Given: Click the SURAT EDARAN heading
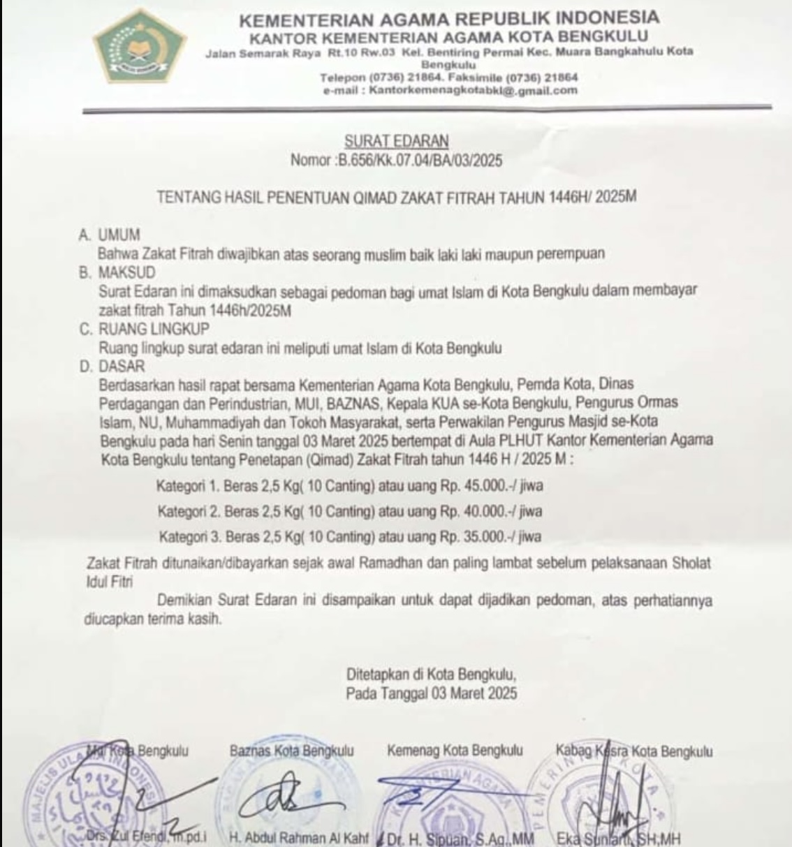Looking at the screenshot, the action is click(x=396, y=141).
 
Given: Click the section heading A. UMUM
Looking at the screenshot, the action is click(x=110, y=235).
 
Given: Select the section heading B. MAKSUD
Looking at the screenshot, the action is click(x=117, y=272).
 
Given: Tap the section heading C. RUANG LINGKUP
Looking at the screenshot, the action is click(x=144, y=328).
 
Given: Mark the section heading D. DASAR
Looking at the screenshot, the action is click(x=112, y=366).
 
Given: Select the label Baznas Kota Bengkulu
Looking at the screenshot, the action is click(x=292, y=751).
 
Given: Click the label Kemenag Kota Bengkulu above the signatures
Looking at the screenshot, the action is click(x=455, y=751).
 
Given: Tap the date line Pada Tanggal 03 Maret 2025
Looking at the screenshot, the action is click(x=432, y=693).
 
